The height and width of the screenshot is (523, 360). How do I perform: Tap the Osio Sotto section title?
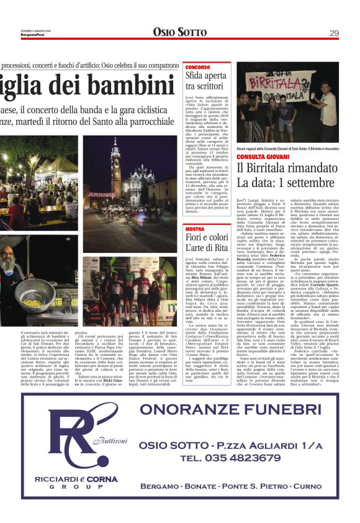[179, 32]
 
